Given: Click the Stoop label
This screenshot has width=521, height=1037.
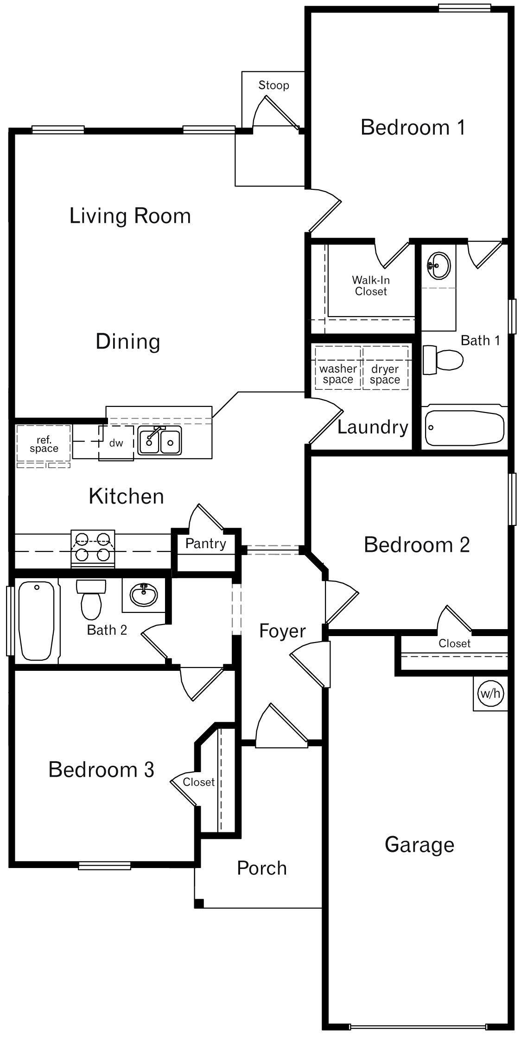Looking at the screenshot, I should click(x=273, y=85).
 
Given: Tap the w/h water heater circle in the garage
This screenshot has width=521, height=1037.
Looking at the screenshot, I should click(x=490, y=693).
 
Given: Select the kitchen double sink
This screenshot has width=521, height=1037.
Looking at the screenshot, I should click(x=160, y=440).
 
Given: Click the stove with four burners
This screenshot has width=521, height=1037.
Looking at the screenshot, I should click(x=93, y=548).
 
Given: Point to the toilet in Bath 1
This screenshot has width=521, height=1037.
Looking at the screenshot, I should click(x=444, y=360).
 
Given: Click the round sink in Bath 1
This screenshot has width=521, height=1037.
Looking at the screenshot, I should click(x=438, y=266).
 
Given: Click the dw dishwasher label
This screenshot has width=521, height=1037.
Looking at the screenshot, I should click(x=116, y=443).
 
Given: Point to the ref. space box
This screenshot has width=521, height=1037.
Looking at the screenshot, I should click(x=44, y=444).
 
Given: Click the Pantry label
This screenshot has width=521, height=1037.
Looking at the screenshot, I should click(x=205, y=543).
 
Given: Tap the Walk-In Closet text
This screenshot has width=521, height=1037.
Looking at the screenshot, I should click(x=371, y=286).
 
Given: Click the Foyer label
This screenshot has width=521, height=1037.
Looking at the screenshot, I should click(x=282, y=631).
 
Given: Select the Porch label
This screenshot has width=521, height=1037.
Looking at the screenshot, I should click(x=262, y=868).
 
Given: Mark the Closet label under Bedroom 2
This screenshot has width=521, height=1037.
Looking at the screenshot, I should click(x=454, y=643).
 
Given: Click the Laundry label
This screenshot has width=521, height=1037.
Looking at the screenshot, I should click(x=373, y=427).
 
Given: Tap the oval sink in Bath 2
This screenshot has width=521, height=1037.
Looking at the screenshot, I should click(x=144, y=594).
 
